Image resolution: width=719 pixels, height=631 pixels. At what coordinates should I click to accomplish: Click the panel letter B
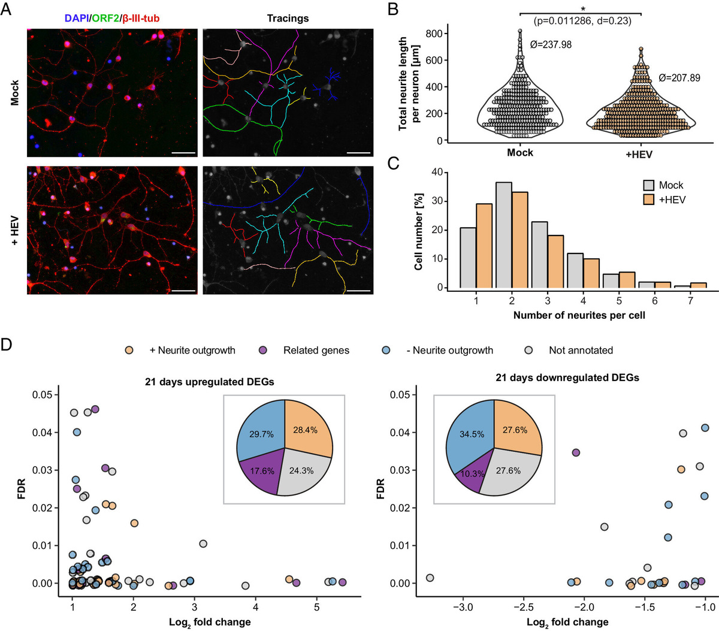[394, 10]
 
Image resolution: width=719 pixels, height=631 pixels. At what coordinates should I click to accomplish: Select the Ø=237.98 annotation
[551, 44]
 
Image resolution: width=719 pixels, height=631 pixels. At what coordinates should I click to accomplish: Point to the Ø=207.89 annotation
[679, 78]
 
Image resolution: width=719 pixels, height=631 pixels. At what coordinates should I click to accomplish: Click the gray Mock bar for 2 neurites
[503, 235]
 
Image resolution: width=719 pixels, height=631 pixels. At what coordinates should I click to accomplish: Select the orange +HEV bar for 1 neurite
[484, 246]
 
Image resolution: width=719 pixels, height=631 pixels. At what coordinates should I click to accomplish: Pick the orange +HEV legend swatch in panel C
[649, 200]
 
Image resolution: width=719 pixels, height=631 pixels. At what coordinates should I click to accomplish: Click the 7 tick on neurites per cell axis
[690, 300]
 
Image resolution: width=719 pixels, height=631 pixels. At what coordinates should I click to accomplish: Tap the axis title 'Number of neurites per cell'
[579, 315]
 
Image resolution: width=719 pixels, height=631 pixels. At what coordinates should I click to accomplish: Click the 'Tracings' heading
[288, 19]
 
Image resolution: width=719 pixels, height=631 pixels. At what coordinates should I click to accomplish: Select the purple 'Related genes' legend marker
[262, 350]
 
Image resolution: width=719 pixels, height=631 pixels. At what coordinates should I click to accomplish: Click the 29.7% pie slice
[259, 434]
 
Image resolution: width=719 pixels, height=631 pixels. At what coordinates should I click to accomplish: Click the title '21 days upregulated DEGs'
[210, 382]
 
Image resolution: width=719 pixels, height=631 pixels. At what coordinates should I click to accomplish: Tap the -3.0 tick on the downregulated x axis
[463, 607]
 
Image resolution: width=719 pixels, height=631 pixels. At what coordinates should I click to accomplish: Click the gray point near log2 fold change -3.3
[430, 578]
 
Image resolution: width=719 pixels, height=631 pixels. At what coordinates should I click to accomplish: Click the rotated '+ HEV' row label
[14, 230]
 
